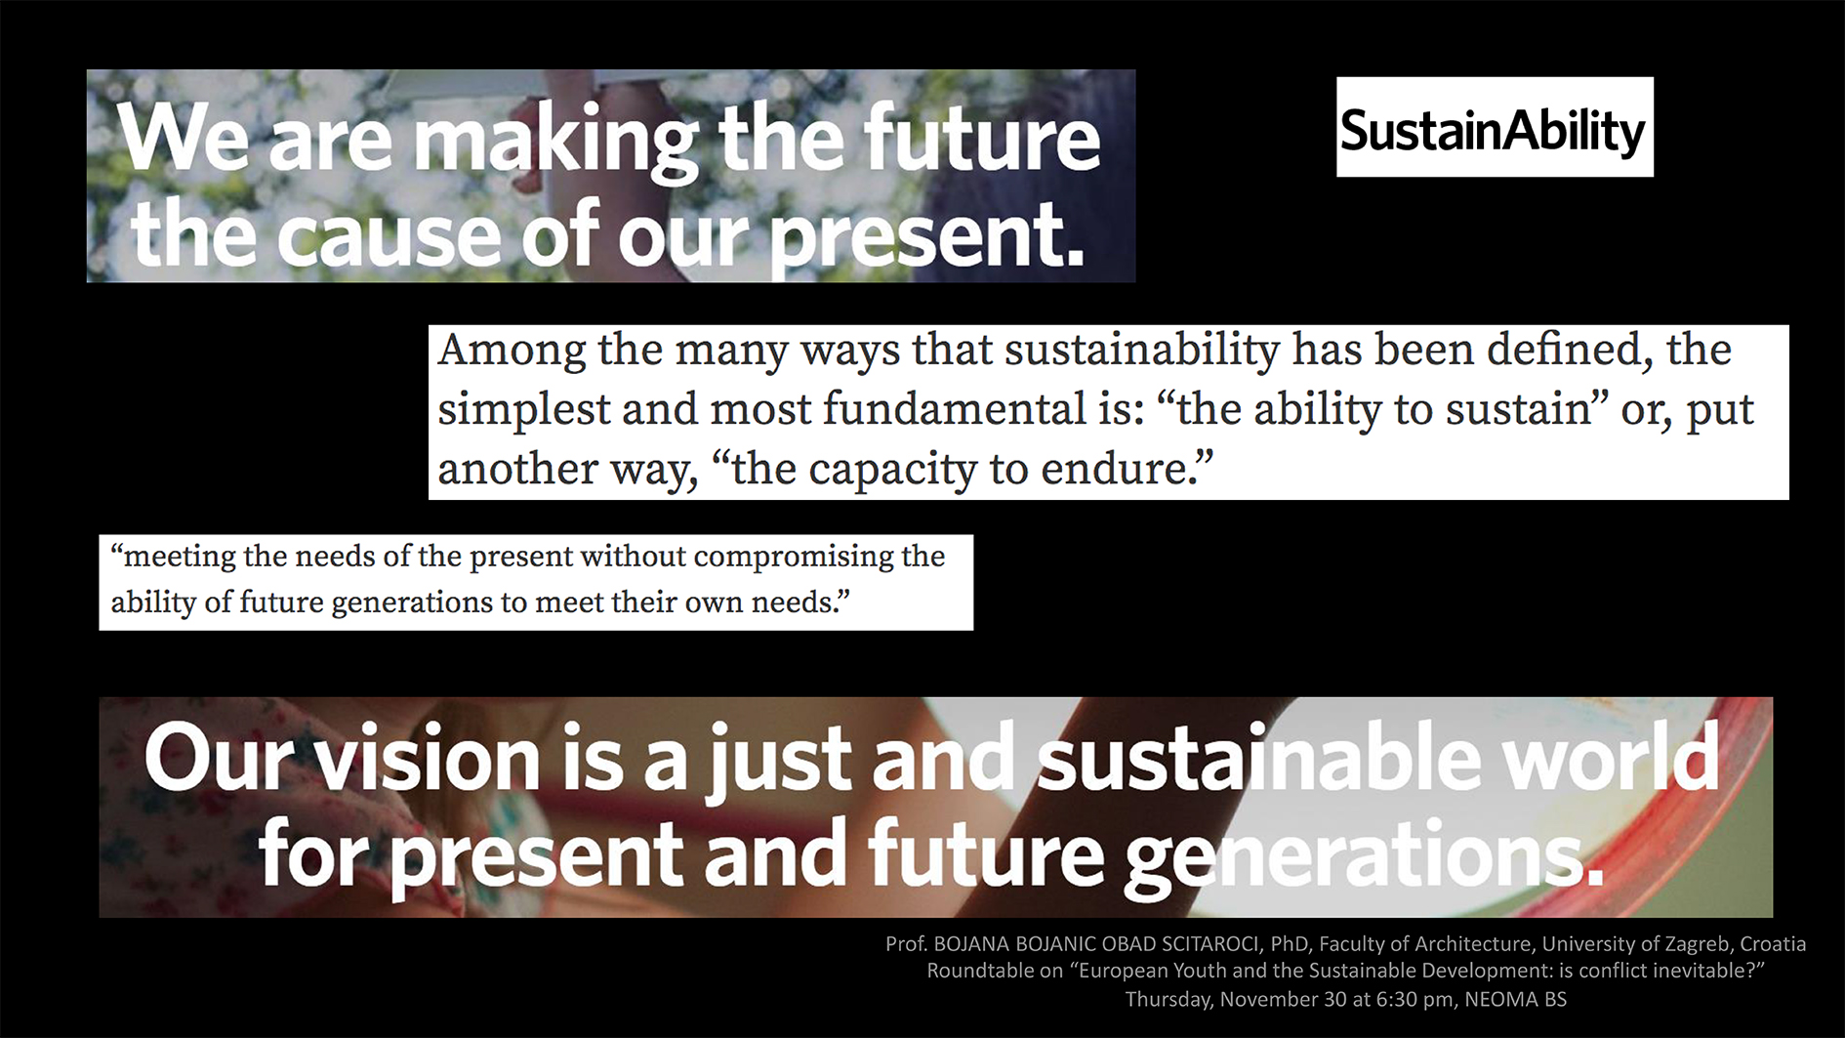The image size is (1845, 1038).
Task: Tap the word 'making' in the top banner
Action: pos(556,142)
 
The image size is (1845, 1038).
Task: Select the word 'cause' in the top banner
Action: pos(390,237)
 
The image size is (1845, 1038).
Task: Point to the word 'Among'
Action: pos(512,350)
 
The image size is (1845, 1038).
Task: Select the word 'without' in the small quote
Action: pos(633,556)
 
